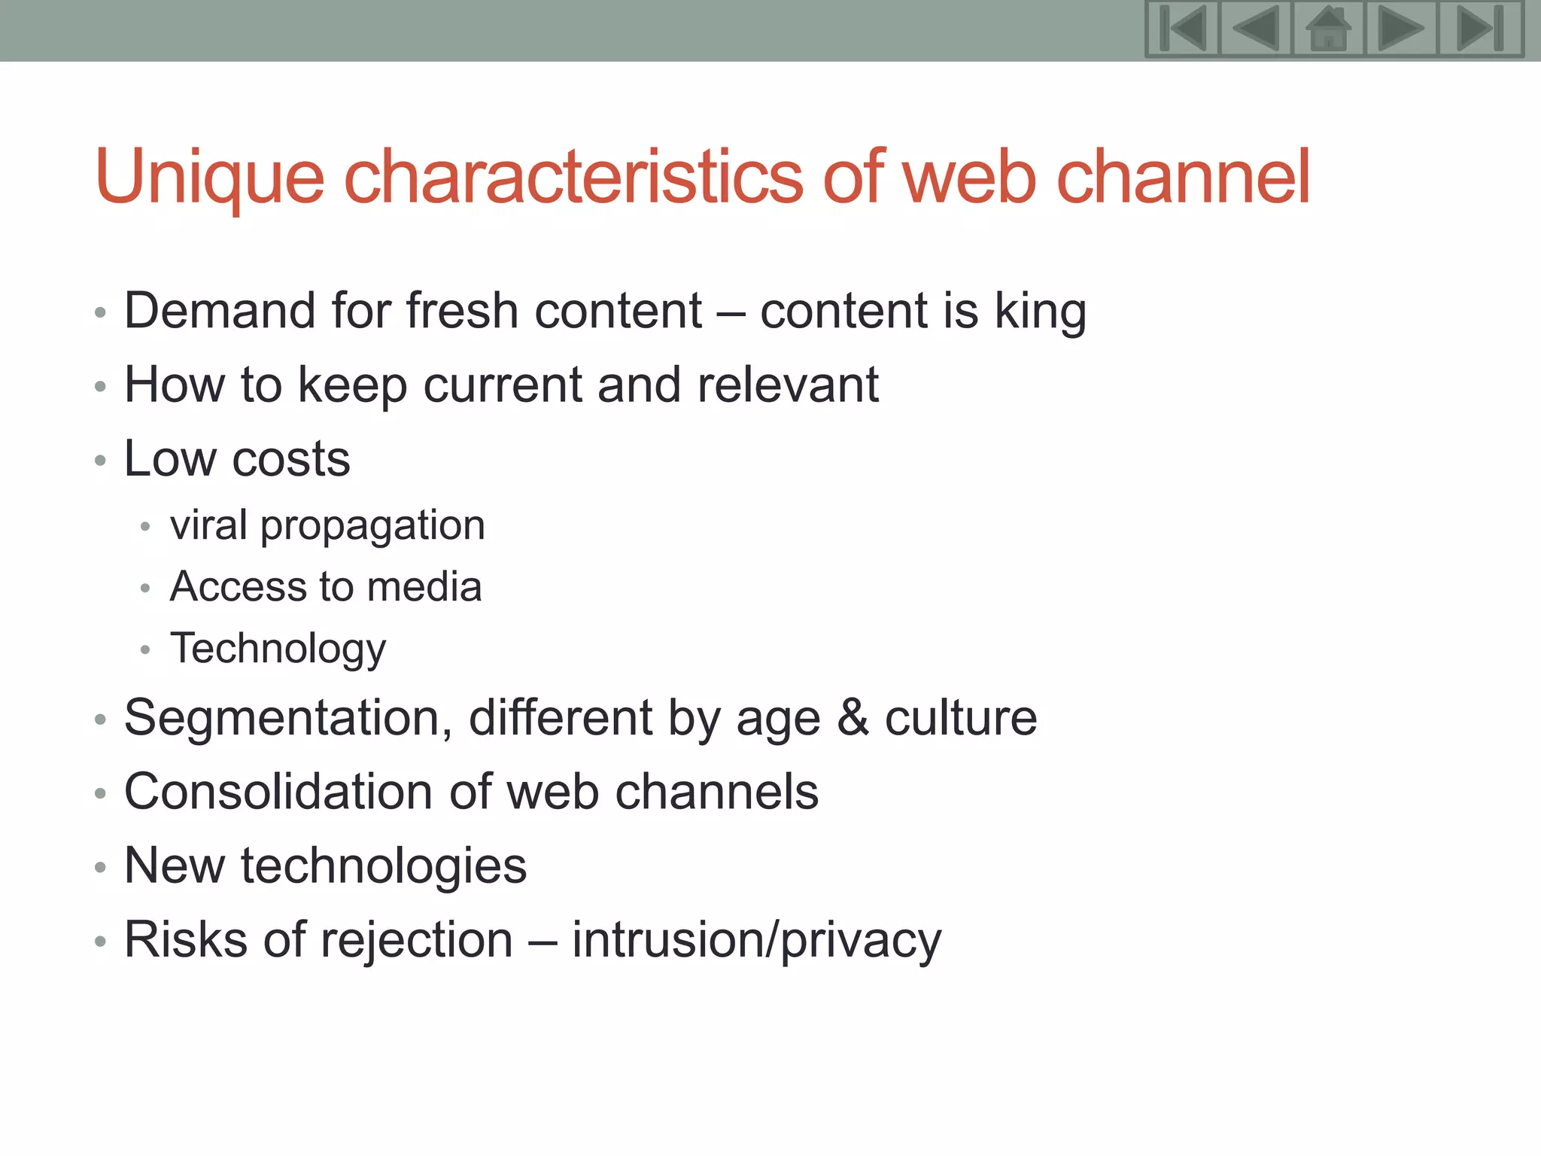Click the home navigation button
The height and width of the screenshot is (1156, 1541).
(1328, 29)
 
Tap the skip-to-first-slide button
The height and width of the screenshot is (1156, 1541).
(1183, 29)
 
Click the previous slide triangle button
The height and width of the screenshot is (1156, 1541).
(1255, 29)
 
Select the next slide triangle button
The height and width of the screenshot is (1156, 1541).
(1400, 29)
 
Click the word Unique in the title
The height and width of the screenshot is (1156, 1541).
(209, 178)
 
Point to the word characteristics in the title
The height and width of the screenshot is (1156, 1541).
(573, 178)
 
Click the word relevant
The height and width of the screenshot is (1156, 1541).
(788, 385)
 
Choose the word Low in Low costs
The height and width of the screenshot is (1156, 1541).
(169, 458)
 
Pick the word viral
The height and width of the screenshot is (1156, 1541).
(208, 525)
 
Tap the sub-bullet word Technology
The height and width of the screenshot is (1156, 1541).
(278, 649)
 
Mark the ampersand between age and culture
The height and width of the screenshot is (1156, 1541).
(853, 717)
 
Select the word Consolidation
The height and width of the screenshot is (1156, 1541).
(278, 792)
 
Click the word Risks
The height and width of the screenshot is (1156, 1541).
(186, 940)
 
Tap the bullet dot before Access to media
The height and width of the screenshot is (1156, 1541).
(145, 588)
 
